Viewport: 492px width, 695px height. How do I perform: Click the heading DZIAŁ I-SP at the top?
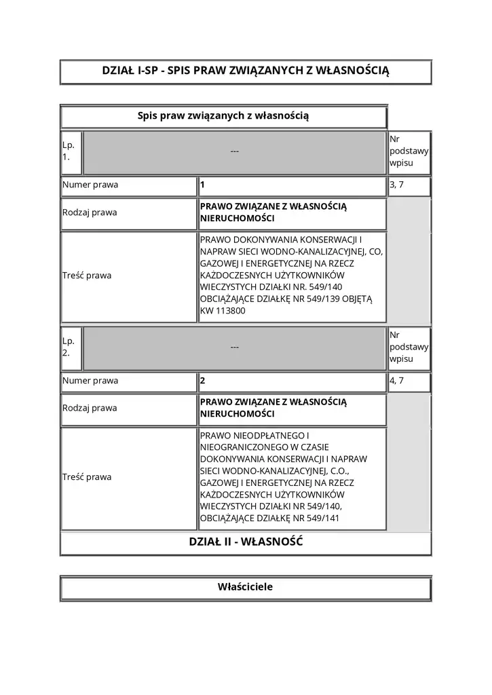point(246,71)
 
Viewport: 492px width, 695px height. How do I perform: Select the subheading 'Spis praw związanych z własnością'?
point(223,117)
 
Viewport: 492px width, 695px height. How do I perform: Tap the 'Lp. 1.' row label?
point(69,151)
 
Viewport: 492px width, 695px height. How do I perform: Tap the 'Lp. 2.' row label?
point(69,347)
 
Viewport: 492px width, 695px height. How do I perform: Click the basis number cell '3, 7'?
point(396,185)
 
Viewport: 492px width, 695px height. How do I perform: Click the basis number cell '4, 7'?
point(396,381)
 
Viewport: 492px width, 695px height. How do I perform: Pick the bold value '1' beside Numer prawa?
point(202,185)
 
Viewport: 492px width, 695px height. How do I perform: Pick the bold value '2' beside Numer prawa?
point(202,381)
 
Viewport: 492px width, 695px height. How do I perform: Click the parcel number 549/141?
point(323,519)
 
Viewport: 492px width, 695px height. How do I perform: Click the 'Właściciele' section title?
point(246,587)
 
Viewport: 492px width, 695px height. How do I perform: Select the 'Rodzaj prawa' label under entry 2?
point(90,408)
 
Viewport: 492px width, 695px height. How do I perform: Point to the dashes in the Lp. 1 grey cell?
point(234,151)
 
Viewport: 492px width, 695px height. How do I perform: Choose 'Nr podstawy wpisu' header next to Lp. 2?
point(409,347)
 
